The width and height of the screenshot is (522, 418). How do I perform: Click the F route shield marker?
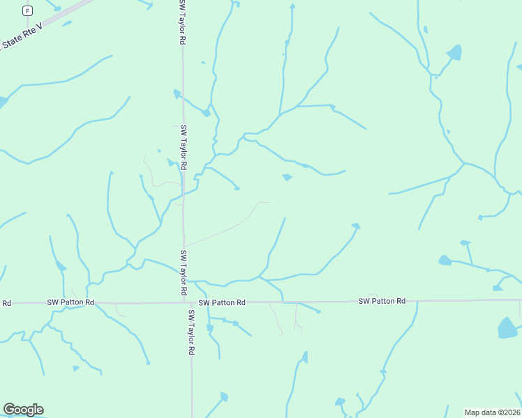pyautogui.click(x=27, y=10)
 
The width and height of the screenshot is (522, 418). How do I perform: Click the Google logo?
pyautogui.click(x=23, y=410)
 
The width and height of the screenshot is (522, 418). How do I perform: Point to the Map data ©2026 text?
pyautogui.click(x=493, y=412)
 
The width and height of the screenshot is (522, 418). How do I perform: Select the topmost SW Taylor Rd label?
pyautogui.click(x=182, y=24)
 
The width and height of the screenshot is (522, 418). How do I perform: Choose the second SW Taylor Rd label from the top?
pyautogui.click(x=184, y=148)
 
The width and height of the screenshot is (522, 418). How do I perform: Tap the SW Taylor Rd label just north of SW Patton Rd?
pyautogui.click(x=184, y=272)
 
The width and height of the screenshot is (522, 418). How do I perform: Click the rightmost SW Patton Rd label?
pyautogui.click(x=382, y=301)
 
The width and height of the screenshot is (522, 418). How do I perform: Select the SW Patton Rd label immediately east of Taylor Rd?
pyautogui.click(x=222, y=303)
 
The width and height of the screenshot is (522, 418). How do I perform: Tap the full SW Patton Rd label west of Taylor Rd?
pyautogui.click(x=70, y=302)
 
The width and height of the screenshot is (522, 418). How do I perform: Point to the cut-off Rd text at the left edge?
pyautogui.click(x=7, y=303)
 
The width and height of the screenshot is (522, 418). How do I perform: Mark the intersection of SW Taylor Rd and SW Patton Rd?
pyautogui.click(x=185, y=302)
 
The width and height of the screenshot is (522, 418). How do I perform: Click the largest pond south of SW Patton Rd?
pyautogui.click(x=507, y=327)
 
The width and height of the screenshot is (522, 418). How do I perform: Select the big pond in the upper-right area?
pyautogui.click(x=454, y=52)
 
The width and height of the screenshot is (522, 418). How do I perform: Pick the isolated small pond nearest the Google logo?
pyautogui.click(x=75, y=368)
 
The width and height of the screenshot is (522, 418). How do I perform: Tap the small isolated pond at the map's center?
pyautogui.click(x=287, y=178)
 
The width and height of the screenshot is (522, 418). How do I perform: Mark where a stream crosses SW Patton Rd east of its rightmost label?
pyautogui.click(x=417, y=301)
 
